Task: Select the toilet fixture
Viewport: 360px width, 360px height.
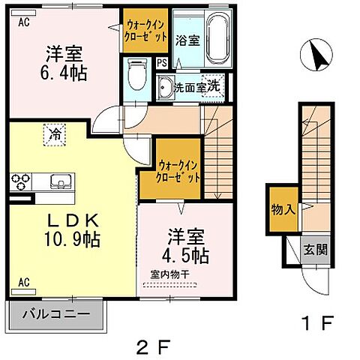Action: pyautogui.click(x=137, y=73)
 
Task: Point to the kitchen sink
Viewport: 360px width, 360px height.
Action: pyautogui.click(x=60, y=181)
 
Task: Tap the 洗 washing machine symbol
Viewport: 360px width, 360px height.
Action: pyautogui.click(x=214, y=85)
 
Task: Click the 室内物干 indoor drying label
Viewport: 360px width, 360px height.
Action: pyautogui.click(x=168, y=274)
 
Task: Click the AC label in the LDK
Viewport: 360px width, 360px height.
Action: pyautogui.click(x=23, y=281)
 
